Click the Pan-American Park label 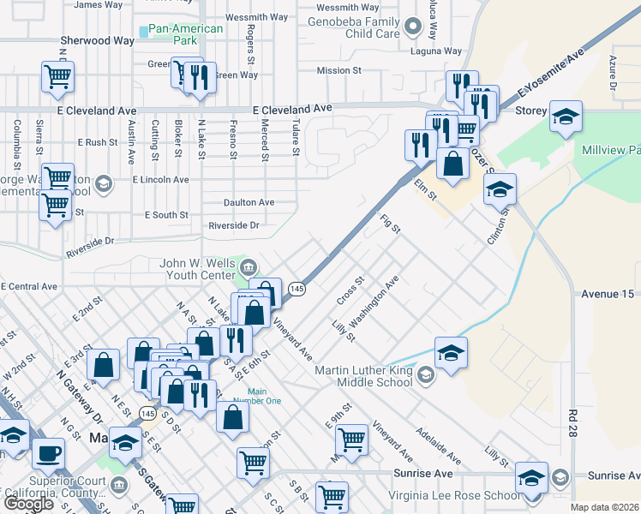point(185,35)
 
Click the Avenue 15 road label point(606,294)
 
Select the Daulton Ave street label point(249,202)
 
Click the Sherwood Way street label point(97,40)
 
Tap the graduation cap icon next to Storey point(566,117)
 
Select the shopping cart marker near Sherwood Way point(57,76)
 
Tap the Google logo point(28,504)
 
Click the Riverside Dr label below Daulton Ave point(234,225)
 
